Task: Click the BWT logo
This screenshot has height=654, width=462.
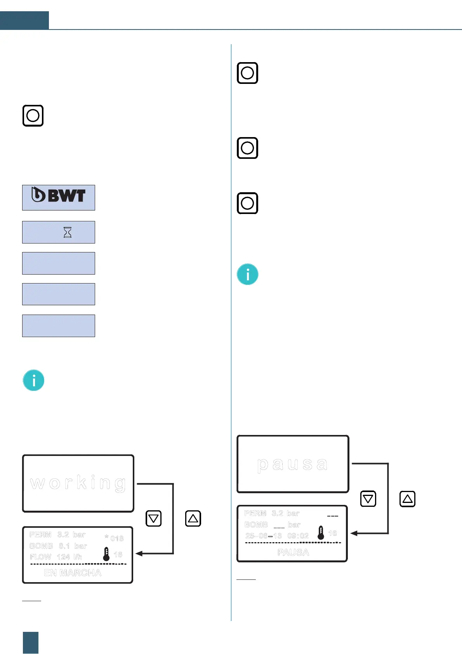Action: pos(59,195)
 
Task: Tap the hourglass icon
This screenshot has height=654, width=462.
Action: pos(68,232)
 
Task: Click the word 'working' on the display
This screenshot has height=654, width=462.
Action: pos(78,483)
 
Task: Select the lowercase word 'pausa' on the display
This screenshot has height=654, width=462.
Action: pos(292,464)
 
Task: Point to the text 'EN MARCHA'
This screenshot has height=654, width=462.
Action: pos(73,573)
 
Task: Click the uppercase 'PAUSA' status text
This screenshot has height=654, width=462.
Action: pos(293,552)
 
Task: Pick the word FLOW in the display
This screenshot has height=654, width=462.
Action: pos(40,557)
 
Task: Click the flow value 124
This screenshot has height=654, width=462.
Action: pos(63,557)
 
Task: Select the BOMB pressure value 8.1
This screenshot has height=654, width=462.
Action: pos(64,546)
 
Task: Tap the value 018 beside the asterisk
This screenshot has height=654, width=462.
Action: pos(117,538)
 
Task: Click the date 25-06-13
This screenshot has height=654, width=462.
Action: pos(264,536)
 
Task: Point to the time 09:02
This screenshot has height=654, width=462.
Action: pos(298,536)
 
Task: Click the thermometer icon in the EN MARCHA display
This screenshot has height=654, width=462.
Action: pos(106,554)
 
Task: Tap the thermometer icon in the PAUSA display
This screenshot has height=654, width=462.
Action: pos(321,533)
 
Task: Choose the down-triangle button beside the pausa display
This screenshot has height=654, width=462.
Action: pos(368,499)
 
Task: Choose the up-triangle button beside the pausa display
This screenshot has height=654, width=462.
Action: pos(407,499)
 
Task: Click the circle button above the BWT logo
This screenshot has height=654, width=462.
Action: pos(33,116)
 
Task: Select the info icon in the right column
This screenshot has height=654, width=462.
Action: pos(248,274)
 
